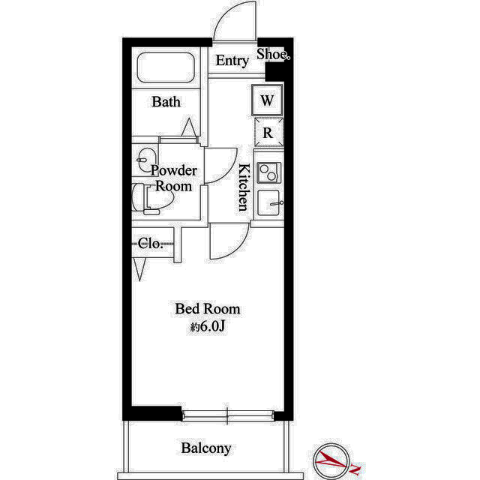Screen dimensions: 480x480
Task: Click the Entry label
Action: pos(232,61)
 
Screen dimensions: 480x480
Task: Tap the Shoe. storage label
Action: pos(273,54)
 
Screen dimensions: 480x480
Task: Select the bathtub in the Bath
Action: pos(166,67)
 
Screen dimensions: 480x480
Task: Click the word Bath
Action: pos(166,102)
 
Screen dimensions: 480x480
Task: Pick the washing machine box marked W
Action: pos(267,100)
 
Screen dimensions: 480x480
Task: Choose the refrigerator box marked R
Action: pos(268,133)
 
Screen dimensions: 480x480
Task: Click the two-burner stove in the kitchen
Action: pos(269,172)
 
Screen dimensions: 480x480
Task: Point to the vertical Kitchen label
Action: pos(244,187)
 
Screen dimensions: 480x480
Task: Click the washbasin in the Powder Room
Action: pos(146,159)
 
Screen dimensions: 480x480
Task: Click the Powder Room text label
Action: pos(174,178)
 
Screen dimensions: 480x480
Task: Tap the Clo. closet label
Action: pos(150,244)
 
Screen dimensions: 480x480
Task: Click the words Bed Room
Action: pos(208,309)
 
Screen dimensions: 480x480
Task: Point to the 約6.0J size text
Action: pos(208,327)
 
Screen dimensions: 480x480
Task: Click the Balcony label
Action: pos(206,448)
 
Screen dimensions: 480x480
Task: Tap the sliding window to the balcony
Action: pos(227,415)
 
